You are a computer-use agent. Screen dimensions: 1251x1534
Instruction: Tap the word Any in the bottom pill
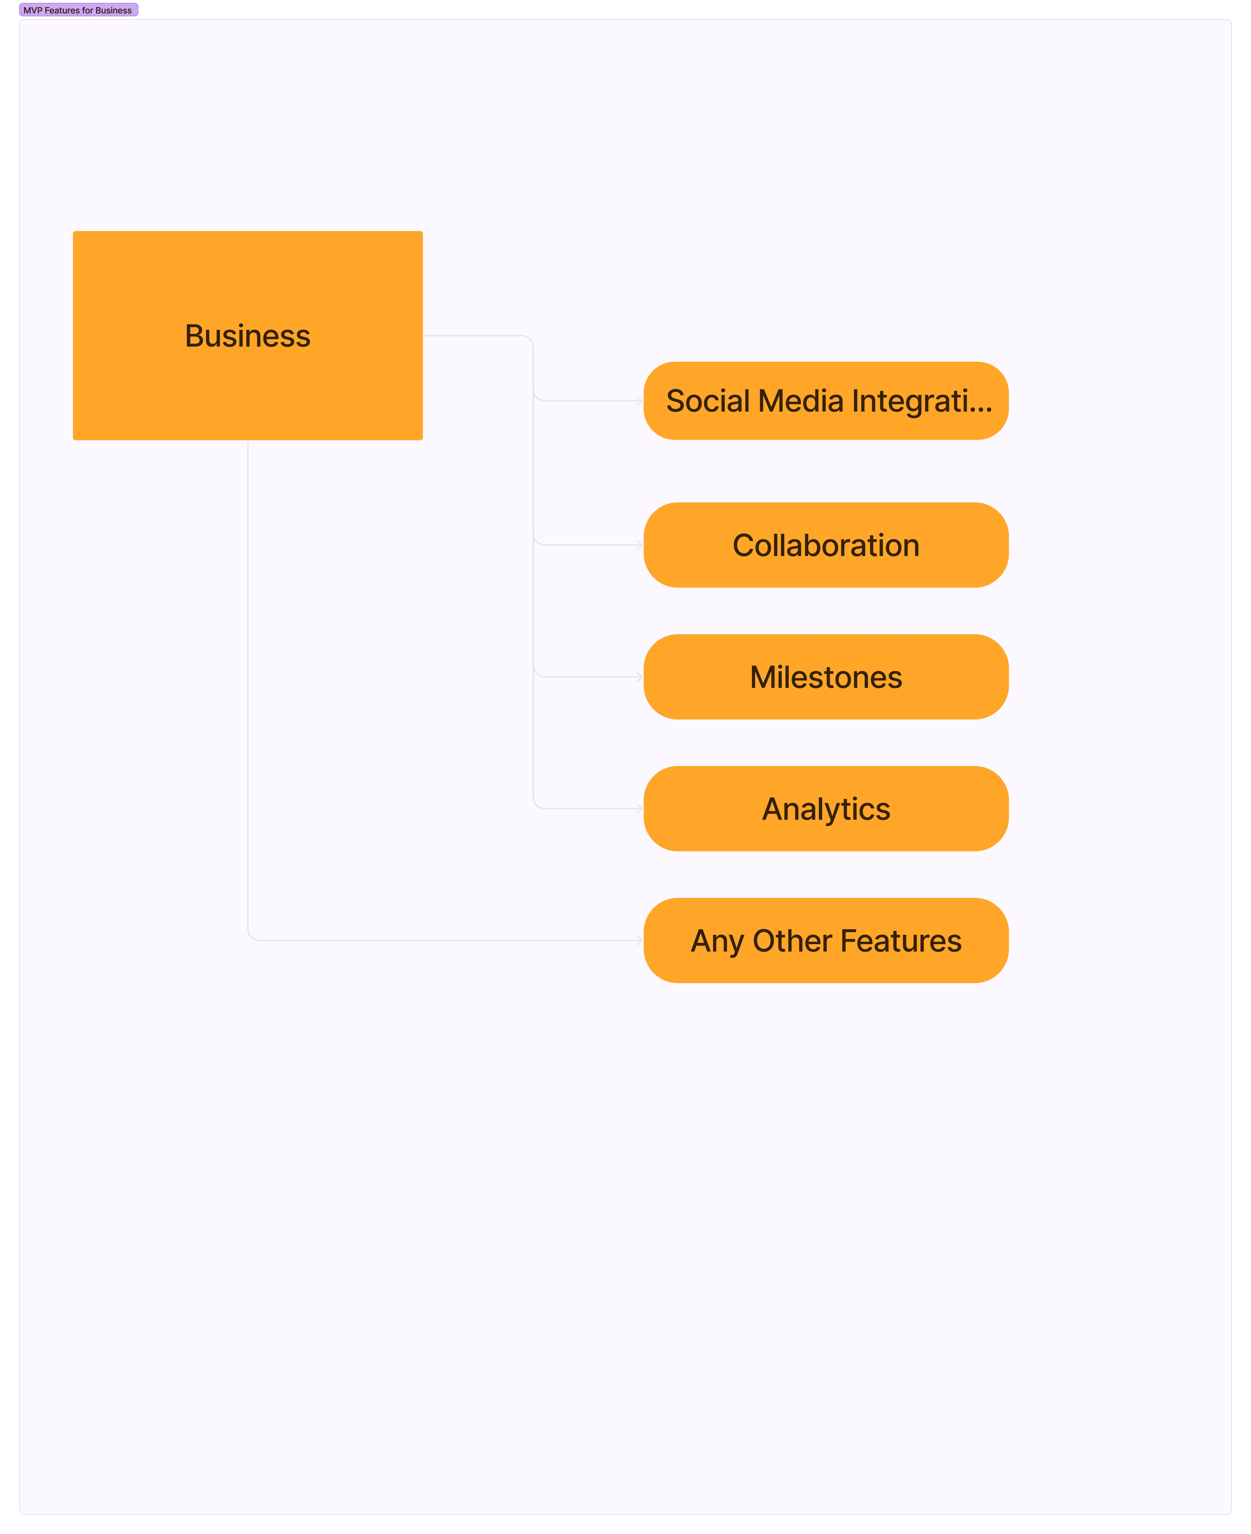tap(717, 941)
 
